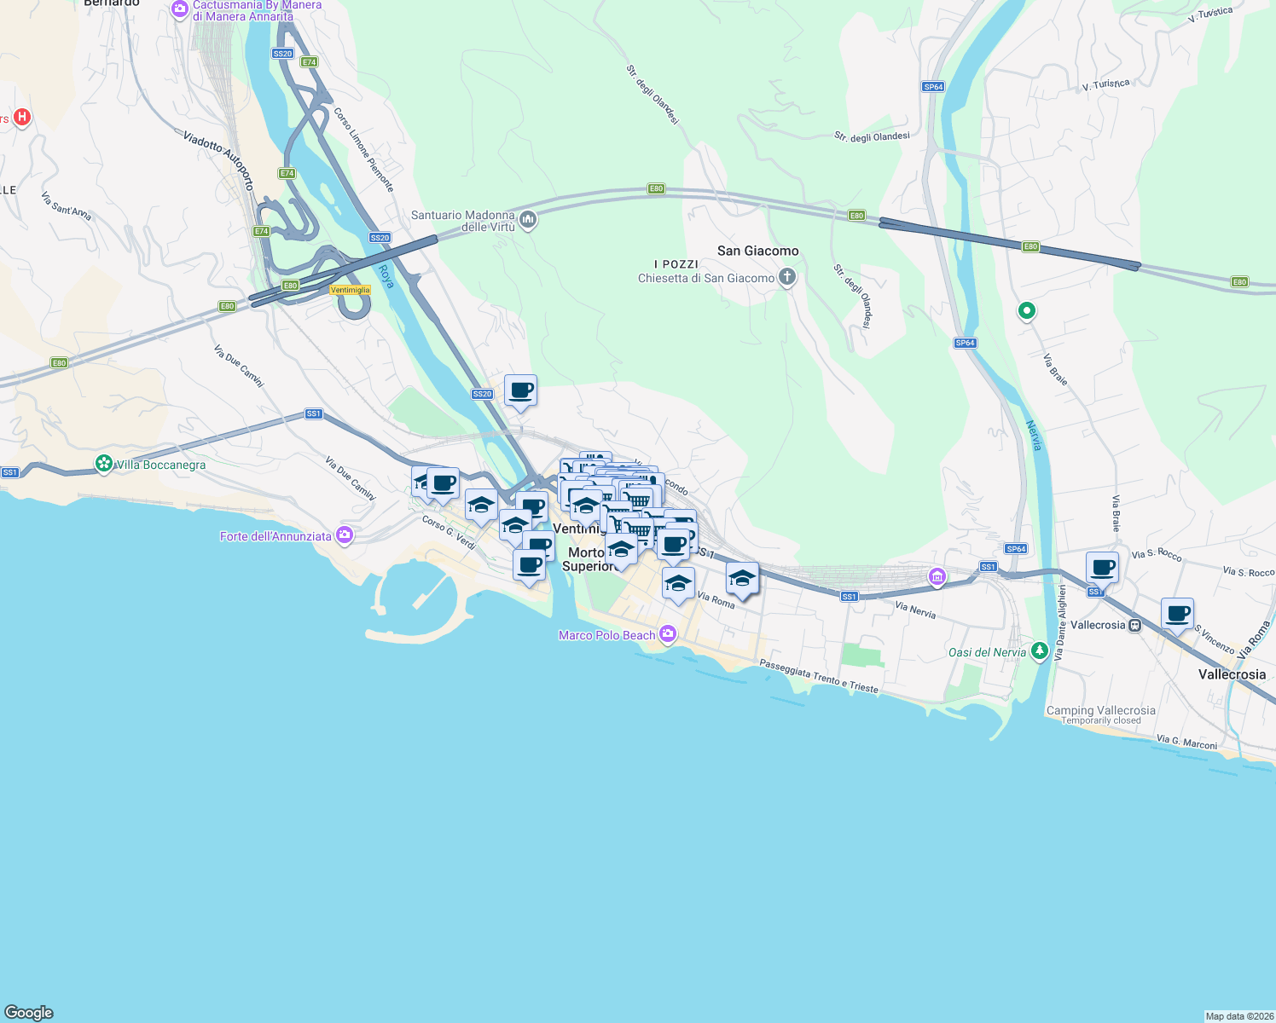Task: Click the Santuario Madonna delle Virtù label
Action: pyautogui.click(x=463, y=221)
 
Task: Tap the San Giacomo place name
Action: pyautogui.click(x=757, y=251)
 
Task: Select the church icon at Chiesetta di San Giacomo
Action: pyautogui.click(x=787, y=276)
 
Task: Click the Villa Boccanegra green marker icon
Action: pyautogui.click(x=104, y=464)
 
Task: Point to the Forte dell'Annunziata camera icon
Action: pyautogui.click(x=345, y=535)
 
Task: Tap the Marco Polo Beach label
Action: pyautogui.click(x=606, y=635)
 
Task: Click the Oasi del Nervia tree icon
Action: pyautogui.click(x=1039, y=651)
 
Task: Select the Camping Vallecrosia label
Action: pyautogui.click(x=1100, y=710)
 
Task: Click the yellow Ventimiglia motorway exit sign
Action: pyautogui.click(x=351, y=290)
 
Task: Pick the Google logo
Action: pyautogui.click(x=29, y=1013)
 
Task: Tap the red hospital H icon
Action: pyautogui.click(x=22, y=117)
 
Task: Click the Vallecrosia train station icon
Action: pyautogui.click(x=1134, y=625)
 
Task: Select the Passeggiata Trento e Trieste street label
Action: pyautogui.click(x=818, y=676)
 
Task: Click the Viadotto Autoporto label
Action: pyautogui.click(x=218, y=159)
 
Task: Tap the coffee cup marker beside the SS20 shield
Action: pyautogui.click(x=520, y=391)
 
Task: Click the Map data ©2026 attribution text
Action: pyautogui.click(x=1238, y=1016)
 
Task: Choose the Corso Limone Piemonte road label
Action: pyautogui.click(x=363, y=149)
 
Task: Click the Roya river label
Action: pyautogui.click(x=386, y=276)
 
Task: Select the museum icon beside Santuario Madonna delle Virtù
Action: pyautogui.click(x=528, y=221)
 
